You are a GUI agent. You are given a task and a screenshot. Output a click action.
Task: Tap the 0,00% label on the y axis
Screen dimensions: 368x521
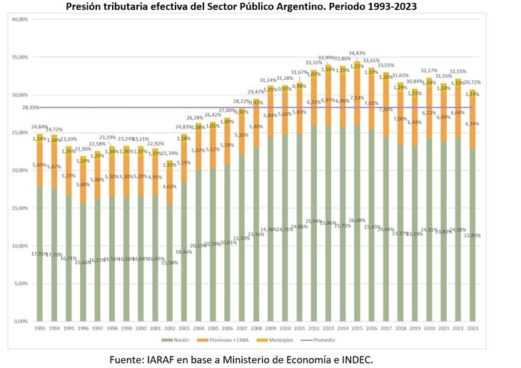click(21, 321)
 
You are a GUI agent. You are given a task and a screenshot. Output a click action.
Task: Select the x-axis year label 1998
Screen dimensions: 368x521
click(111, 327)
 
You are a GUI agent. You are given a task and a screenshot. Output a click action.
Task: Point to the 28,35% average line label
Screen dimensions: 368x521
click(30, 108)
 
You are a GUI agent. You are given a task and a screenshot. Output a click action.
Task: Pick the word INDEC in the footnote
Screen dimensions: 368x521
click(352, 359)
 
